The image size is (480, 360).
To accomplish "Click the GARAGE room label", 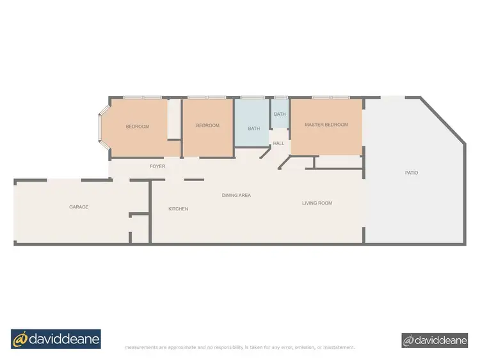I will coord(79,207).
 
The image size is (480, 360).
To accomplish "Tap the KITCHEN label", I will coord(178,209).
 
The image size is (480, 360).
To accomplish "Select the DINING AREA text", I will coord(236,195).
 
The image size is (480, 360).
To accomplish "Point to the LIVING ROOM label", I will coord(317,203).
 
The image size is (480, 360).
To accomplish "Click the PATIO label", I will coord(412,173).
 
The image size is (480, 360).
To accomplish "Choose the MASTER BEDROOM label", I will coord(326,125).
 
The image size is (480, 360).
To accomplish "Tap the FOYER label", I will coord(157,166).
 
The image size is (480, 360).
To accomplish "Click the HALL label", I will coord(279,144).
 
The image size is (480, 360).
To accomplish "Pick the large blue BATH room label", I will coord(254,129).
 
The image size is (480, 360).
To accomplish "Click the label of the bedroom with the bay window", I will coord(137,127).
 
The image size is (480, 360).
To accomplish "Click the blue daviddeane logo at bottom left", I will coord(56,338).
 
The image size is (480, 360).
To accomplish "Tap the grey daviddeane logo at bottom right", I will coord(435,340).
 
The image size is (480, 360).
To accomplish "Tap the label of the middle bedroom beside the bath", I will coord(207,126).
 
